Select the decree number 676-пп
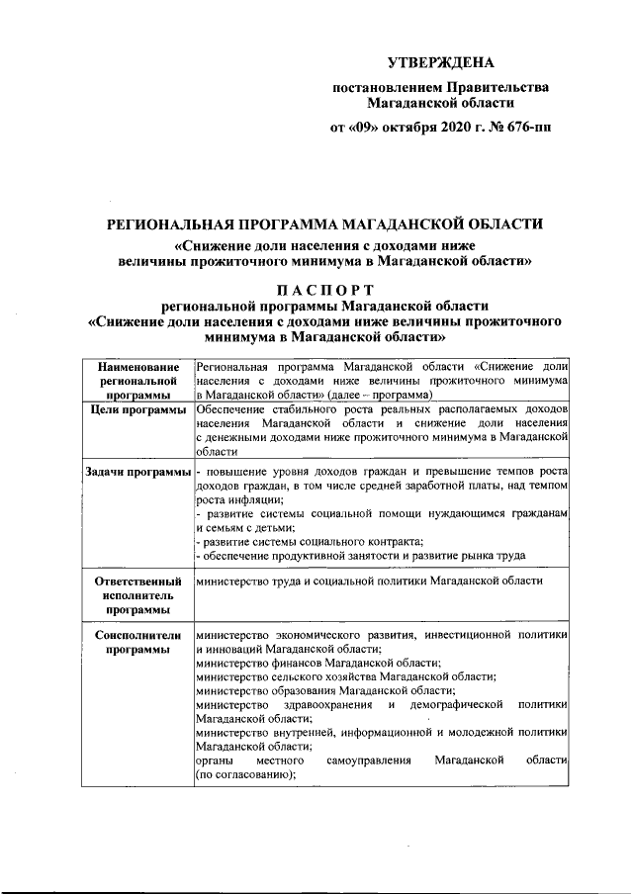528,129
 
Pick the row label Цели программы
137,409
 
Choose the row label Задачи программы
137,473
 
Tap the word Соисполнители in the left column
137,635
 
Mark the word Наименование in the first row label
137,367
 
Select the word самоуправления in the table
368,760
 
